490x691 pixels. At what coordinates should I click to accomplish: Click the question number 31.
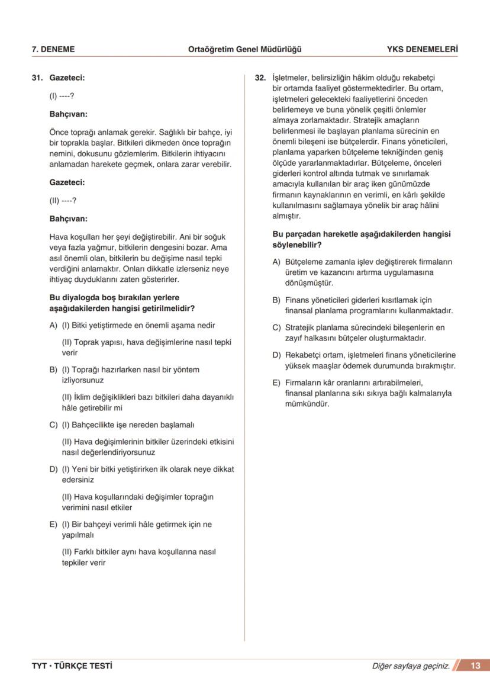[37, 78]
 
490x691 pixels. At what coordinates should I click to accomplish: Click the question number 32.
[260, 78]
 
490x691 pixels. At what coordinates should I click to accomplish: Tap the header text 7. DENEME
[53, 49]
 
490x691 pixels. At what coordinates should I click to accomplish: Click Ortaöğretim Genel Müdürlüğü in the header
[244, 49]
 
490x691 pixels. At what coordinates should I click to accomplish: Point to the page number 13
[475, 666]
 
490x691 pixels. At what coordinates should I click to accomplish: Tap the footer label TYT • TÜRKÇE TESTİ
[72, 666]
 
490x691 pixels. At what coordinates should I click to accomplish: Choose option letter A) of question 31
[53, 325]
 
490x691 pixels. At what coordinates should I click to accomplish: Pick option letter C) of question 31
[53, 425]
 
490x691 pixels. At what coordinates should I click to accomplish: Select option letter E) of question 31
[53, 524]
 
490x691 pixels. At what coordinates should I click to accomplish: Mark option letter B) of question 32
[276, 300]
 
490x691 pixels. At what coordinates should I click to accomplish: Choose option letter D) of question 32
[276, 355]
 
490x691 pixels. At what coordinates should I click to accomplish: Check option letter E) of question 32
[276, 382]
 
